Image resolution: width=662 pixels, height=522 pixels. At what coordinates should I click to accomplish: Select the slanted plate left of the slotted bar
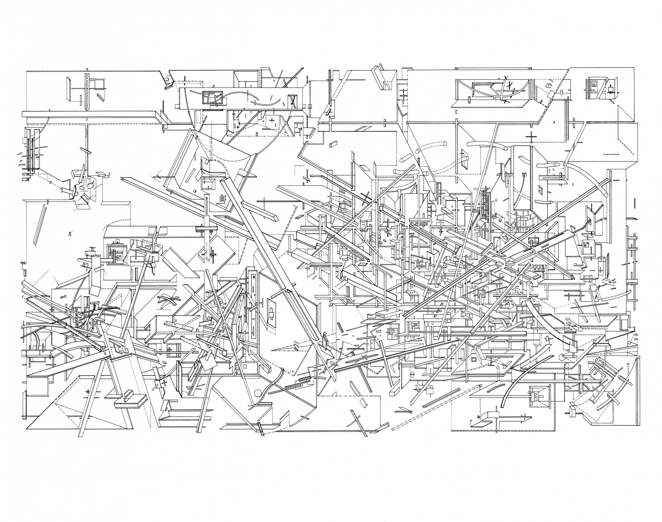(x=68, y=89)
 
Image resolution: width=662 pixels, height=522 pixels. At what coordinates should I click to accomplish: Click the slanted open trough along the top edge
(x=381, y=77)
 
